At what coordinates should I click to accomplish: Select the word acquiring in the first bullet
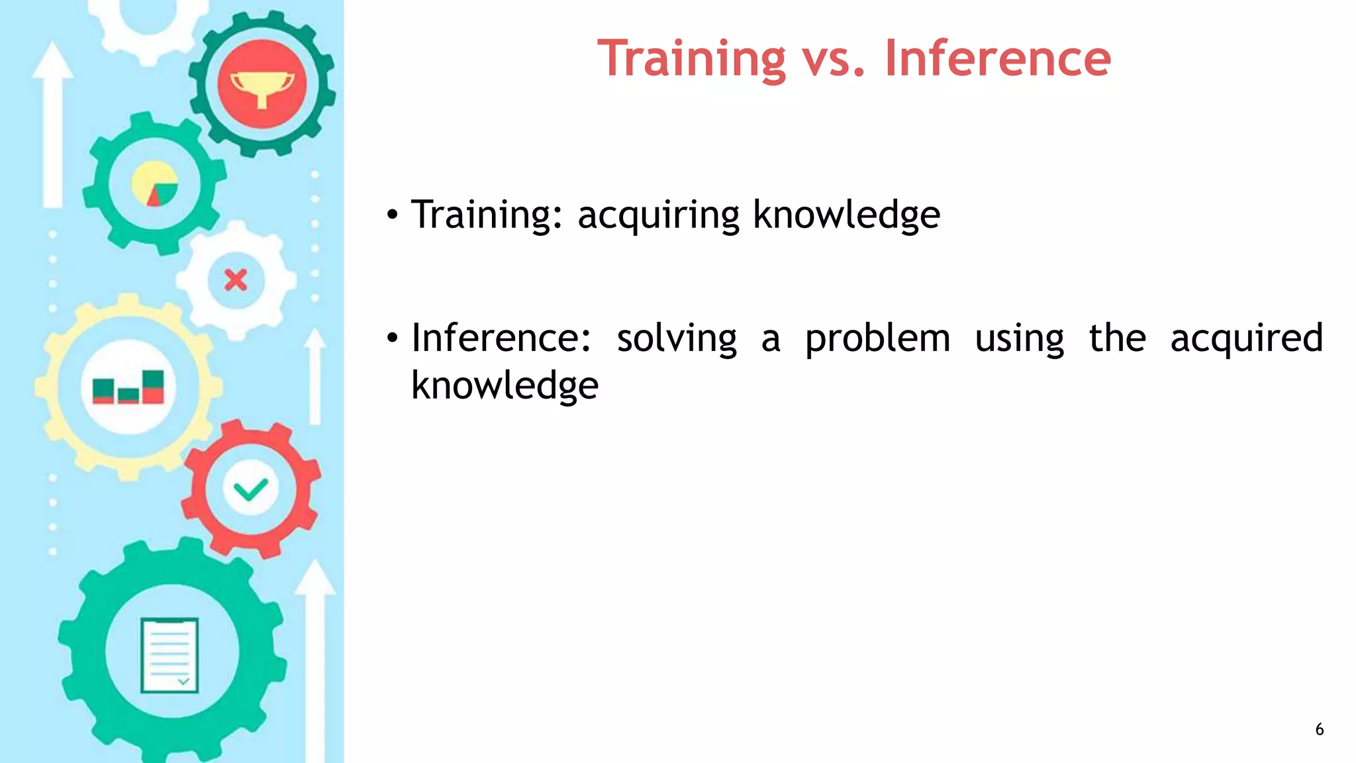(658, 215)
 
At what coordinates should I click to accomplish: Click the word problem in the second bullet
(877, 338)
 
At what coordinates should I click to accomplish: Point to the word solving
(676, 338)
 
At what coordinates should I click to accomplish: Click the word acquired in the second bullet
(1246, 338)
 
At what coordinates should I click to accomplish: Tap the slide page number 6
(1319, 729)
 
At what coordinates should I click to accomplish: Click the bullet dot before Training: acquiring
(393, 215)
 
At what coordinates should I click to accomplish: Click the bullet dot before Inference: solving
(393, 338)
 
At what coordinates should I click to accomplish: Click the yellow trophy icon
(262, 87)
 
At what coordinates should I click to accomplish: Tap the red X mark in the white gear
(236, 280)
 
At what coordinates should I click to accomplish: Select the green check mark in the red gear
(251, 489)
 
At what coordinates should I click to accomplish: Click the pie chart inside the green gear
(155, 183)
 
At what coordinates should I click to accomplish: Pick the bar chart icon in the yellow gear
(128, 387)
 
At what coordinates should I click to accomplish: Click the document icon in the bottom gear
(169, 655)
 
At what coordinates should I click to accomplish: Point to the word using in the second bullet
(1019, 338)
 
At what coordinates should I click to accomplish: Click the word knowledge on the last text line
(505, 386)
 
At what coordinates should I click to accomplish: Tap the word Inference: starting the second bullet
(501, 338)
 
